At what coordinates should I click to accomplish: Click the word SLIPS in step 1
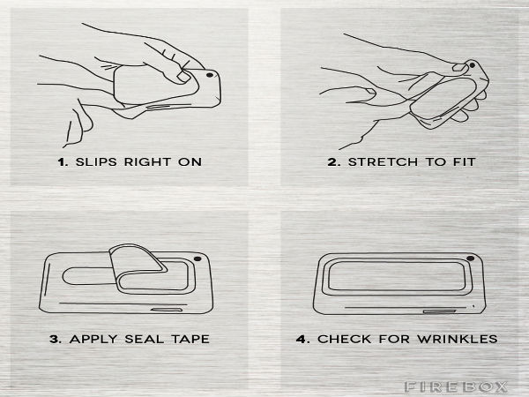click(x=96, y=161)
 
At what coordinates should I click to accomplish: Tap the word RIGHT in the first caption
click(x=147, y=161)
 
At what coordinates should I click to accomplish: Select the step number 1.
click(x=63, y=162)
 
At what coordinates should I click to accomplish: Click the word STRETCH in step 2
click(x=383, y=162)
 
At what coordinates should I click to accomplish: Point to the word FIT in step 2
click(x=464, y=162)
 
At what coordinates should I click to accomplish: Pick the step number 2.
click(x=333, y=162)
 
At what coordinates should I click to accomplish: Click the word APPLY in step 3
click(x=93, y=339)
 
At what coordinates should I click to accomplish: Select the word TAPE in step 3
click(x=190, y=339)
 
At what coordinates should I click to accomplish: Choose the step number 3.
click(x=56, y=339)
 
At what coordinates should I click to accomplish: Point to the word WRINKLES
click(x=457, y=339)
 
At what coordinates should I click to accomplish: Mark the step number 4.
click(x=302, y=339)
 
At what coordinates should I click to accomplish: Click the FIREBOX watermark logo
click(x=456, y=386)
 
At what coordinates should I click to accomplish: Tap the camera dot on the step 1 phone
click(x=210, y=75)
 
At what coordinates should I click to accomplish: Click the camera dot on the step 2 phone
click(x=473, y=65)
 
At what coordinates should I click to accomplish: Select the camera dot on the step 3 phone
click(x=197, y=258)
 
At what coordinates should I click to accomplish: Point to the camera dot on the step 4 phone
click(x=470, y=258)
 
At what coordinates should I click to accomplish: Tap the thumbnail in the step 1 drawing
click(x=184, y=78)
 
